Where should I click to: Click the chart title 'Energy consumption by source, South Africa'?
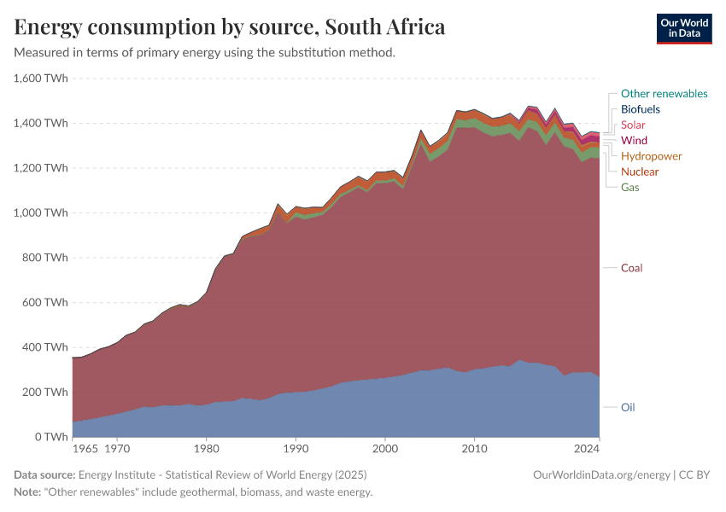[230, 27]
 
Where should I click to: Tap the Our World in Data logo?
[683, 28]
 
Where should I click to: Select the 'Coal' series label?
[631, 268]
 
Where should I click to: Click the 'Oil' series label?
[628, 407]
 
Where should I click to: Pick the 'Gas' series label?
[629, 187]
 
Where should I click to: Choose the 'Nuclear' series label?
[640, 172]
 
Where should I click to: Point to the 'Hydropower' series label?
[651, 156]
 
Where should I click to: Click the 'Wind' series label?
[634, 140]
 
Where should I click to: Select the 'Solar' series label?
[633, 125]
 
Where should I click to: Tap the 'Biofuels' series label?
[640, 109]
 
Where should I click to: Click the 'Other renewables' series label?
[664, 94]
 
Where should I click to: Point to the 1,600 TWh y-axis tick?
[41, 79]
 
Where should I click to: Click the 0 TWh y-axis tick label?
[51, 437]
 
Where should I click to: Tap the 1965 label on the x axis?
[85, 447]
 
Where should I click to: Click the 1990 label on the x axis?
[295, 447]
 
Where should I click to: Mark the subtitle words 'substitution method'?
[344, 53]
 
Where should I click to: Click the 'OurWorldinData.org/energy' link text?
[600, 474]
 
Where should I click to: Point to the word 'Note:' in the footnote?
[29, 492]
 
